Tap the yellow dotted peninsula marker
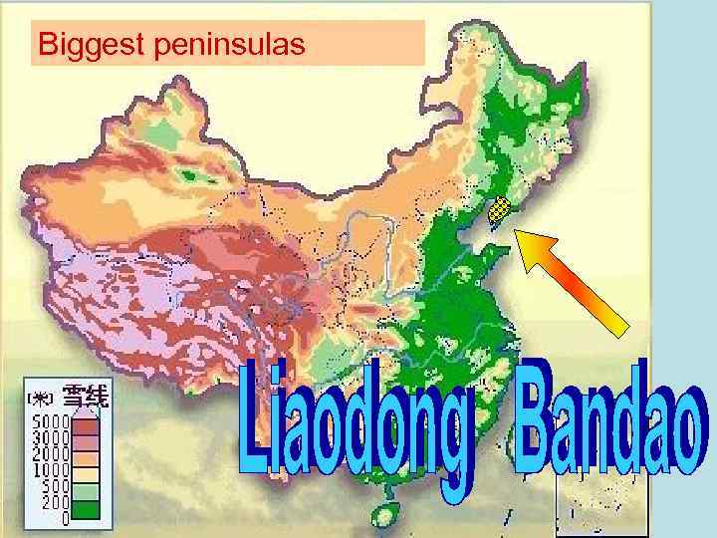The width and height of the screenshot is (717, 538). [500, 209]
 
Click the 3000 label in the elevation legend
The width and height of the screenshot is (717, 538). [49, 436]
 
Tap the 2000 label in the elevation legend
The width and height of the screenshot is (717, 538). [49, 452]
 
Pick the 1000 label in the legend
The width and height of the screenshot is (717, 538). [49, 468]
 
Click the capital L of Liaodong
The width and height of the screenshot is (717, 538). [260, 418]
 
